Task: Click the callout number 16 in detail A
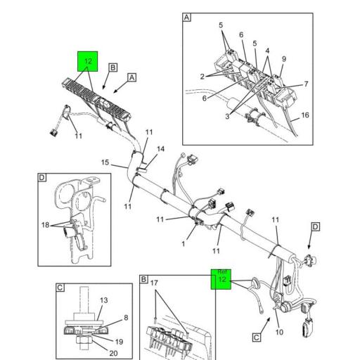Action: (x=305, y=115)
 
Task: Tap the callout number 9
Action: (x=284, y=59)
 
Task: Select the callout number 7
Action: (x=306, y=84)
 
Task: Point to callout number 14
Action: (x=160, y=149)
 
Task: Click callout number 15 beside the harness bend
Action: (x=105, y=162)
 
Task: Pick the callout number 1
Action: (x=184, y=244)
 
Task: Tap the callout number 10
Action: (x=279, y=332)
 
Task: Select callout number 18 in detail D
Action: (x=46, y=225)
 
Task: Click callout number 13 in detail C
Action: (x=104, y=300)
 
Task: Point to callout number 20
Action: (x=113, y=353)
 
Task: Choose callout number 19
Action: (x=119, y=342)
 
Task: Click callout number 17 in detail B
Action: (x=154, y=283)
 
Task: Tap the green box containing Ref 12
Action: (x=221, y=279)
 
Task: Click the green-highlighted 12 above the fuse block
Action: (x=88, y=61)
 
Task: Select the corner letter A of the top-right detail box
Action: (x=187, y=18)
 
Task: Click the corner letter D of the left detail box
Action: (x=42, y=177)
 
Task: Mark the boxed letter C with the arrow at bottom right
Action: (x=257, y=337)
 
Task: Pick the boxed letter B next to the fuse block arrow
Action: (x=113, y=67)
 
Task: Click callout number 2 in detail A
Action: (x=202, y=77)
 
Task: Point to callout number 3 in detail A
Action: (x=227, y=116)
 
